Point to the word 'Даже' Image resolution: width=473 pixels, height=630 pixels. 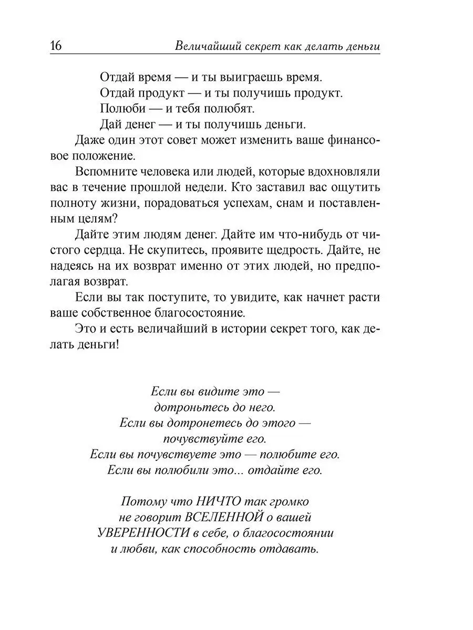[89, 140]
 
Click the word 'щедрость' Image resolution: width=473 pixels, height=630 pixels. [308, 250]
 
